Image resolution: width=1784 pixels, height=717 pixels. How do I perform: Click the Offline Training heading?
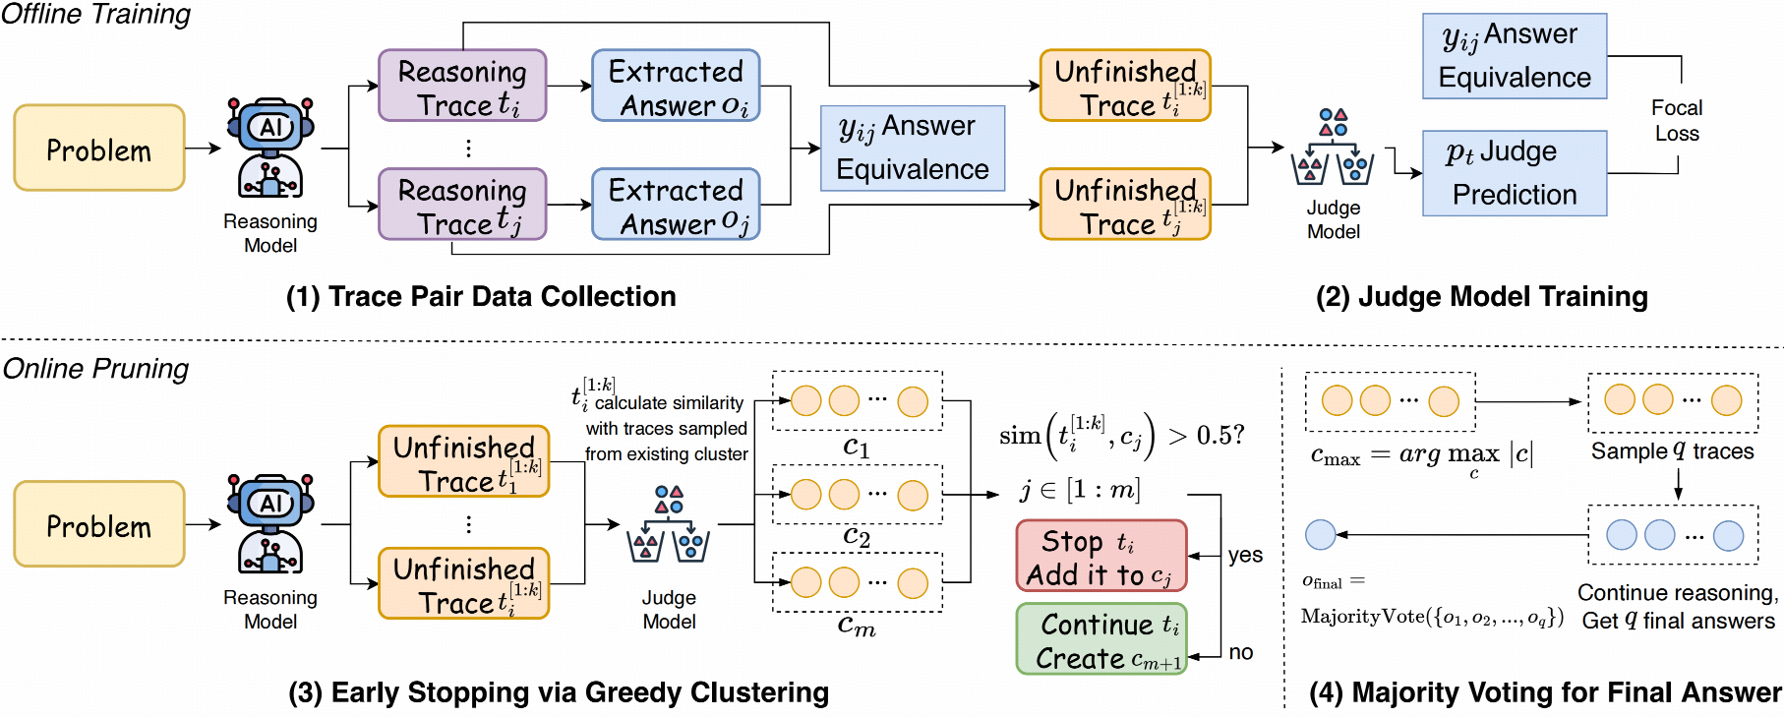click(95, 15)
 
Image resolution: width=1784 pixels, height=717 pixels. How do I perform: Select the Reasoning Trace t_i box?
click(462, 87)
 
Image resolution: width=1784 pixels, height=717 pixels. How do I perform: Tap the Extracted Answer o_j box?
click(676, 205)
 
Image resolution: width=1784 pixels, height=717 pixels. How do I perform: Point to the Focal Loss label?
click(1676, 120)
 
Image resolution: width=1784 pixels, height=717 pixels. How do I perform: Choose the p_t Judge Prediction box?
click(1514, 173)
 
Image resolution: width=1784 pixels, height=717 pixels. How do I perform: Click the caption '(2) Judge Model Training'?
click(1481, 296)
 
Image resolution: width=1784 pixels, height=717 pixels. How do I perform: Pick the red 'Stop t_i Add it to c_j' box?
click(1101, 556)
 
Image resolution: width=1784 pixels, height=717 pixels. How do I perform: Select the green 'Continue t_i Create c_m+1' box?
click(1101, 639)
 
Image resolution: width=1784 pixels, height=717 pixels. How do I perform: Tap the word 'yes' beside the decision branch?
click(1245, 555)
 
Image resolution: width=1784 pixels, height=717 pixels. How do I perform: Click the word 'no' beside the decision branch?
click(1241, 652)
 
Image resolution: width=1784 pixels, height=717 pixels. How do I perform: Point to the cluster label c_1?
click(857, 448)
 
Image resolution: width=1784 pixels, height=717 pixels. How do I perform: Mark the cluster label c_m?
click(857, 626)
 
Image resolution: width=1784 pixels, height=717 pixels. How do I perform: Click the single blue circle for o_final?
click(1320, 534)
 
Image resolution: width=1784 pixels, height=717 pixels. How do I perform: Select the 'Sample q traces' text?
click(1672, 451)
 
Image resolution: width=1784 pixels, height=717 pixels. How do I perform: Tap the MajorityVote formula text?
click(1432, 617)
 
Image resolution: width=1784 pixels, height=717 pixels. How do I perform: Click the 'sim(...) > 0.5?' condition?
click(1121, 435)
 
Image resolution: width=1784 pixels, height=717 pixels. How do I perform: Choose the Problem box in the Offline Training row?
click(99, 149)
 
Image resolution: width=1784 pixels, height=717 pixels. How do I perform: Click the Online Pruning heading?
click(95, 369)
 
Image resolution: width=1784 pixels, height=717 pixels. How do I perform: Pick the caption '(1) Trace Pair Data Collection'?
click(481, 296)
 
